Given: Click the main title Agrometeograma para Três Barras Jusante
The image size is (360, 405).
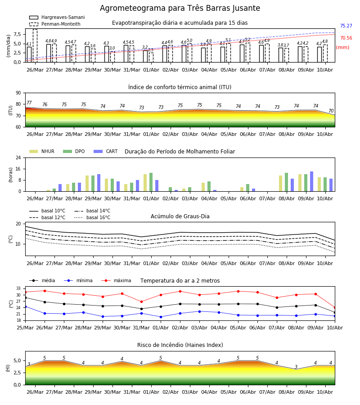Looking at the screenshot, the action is tap(180, 8).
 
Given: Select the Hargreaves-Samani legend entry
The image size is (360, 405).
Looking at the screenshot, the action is tap(57, 17).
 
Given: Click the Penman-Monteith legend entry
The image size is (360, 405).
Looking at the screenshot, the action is tap(55, 24).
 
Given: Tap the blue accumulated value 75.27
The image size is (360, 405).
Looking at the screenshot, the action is tap(346, 26).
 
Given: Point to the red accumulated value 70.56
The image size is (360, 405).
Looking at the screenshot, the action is tap(346, 38).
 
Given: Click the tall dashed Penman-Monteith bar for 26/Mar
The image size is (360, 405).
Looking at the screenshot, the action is tap(35, 46).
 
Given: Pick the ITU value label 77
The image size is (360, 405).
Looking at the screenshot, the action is tap(29, 103).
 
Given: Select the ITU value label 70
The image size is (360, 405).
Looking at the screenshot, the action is tap(331, 111).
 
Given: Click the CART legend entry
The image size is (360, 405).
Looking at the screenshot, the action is tap(106, 151).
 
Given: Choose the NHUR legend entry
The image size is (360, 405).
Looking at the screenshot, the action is tap(42, 151).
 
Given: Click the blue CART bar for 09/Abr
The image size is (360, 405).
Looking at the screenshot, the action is tap(312, 182).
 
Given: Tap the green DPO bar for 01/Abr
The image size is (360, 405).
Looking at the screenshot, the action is tap(151, 182).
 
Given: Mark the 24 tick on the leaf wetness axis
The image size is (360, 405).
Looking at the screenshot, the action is tap(18, 157).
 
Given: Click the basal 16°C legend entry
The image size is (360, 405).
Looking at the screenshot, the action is tap(92, 217).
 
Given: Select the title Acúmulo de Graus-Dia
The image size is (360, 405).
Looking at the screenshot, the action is tap(180, 216).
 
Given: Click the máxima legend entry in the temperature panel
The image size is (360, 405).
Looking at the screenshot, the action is tap(116, 280).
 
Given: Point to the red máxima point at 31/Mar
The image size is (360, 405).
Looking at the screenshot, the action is tap(141, 301).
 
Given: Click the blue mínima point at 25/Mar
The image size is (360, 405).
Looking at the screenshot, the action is tap(25, 306).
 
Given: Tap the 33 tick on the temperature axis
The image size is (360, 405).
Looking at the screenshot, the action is tap(18, 288).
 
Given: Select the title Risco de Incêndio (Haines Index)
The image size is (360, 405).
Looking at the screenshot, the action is tap(180, 345).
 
